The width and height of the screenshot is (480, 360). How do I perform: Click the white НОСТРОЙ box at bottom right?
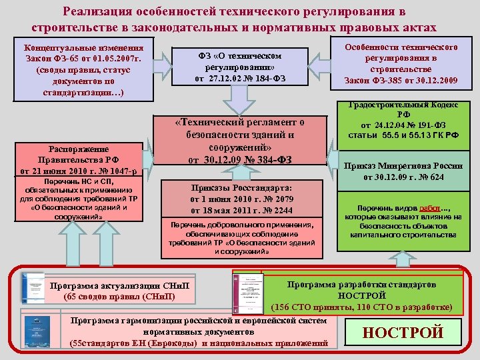[402, 332]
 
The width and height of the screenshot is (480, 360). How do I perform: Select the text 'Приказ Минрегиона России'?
[402, 167]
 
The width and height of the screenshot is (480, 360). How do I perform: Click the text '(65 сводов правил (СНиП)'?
[119, 297]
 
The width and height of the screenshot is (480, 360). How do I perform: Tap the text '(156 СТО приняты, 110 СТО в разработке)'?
[361, 307]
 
